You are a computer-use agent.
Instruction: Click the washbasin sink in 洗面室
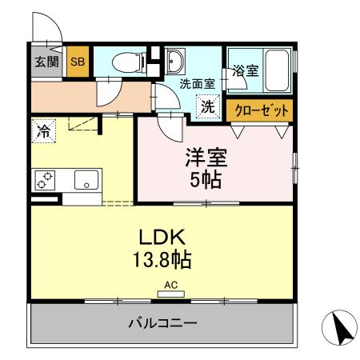point(175,61)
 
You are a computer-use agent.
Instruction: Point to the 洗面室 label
point(195,83)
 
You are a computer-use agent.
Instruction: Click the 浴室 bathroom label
point(245,70)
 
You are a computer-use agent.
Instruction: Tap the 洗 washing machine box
point(208,106)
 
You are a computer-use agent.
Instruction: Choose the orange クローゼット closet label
point(258,110)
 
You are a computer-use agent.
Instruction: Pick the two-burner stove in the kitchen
point(44,180)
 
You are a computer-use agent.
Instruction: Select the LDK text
point(163,237)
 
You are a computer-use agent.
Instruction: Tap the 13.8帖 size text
point(163,260)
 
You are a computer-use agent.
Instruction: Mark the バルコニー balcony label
point(163,323)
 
